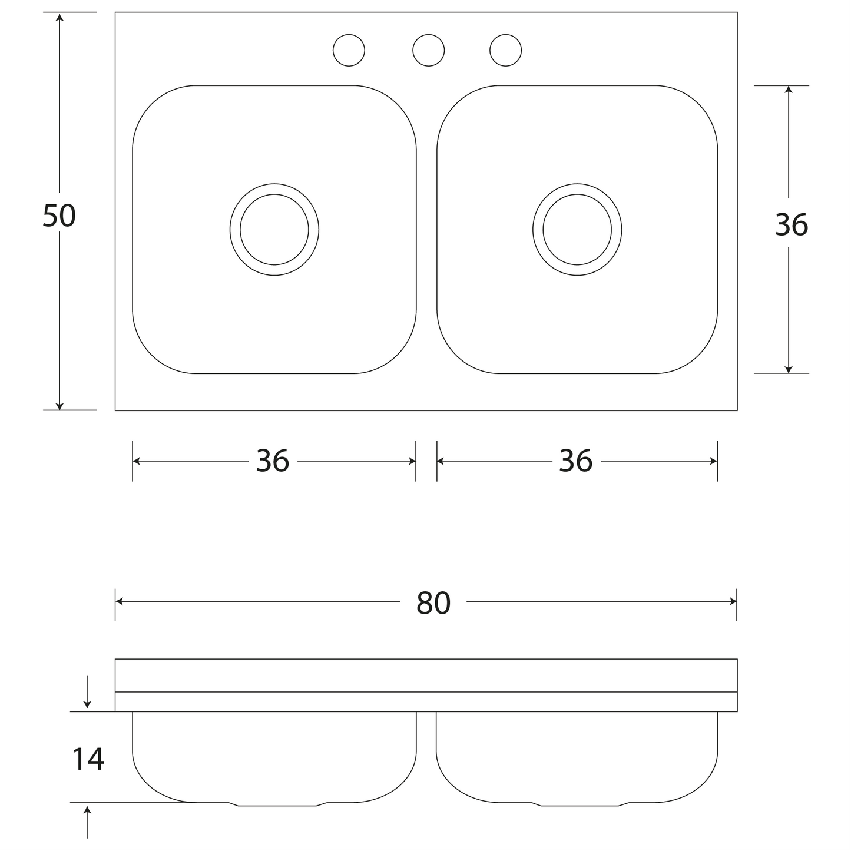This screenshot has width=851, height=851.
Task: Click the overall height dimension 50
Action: (59, 216)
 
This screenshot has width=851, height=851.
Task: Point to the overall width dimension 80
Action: (433, 603)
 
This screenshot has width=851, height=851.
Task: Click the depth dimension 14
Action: (88, 759)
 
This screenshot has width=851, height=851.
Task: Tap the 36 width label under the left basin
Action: (273, 461)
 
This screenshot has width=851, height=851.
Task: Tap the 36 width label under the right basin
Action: (575, 461)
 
